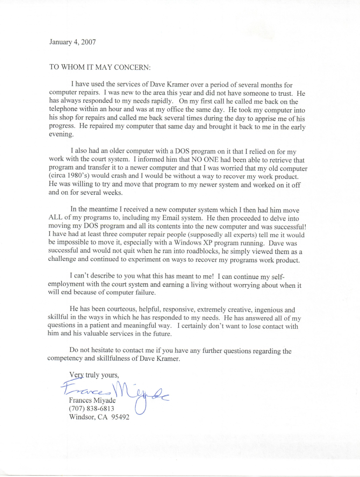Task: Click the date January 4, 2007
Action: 72,41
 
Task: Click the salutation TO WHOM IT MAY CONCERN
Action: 100,67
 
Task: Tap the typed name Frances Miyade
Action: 92,400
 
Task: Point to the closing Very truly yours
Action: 94,376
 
